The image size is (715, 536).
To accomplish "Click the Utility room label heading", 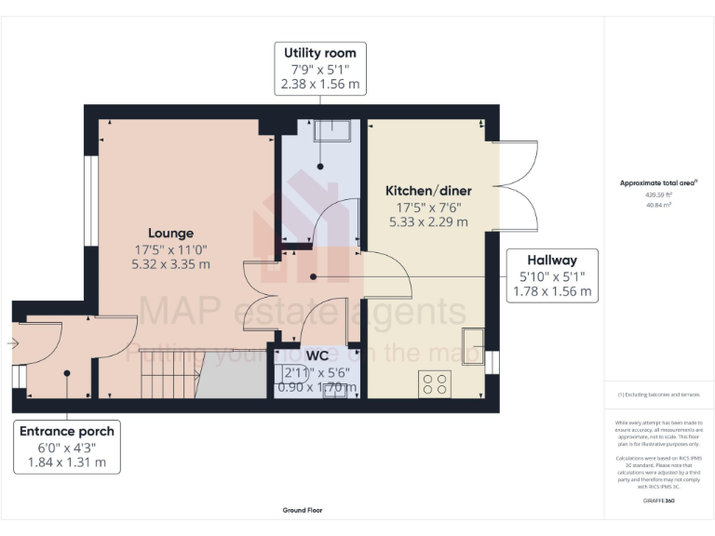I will (319, 52).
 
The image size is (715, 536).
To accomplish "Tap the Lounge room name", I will (170, 233).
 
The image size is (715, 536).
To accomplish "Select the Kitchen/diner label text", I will (427, 191).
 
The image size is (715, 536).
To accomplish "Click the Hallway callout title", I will (552, 260).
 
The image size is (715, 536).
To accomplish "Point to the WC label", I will (317, 355).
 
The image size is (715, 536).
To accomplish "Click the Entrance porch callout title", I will (67, 431).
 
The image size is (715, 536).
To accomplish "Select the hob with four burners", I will (435, 383).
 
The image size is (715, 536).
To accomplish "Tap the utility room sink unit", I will (331, 130).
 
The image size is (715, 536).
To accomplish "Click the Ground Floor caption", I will (303, 510).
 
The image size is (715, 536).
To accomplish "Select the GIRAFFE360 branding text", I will (658, 501).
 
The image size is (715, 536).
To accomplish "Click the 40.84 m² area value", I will (658, 205).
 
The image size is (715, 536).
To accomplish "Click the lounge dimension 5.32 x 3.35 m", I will (170, 264).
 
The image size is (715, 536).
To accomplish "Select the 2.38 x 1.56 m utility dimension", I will (319, 84).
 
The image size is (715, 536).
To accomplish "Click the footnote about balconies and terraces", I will (658, 395).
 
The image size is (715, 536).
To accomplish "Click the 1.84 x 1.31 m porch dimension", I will (67, 462).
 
